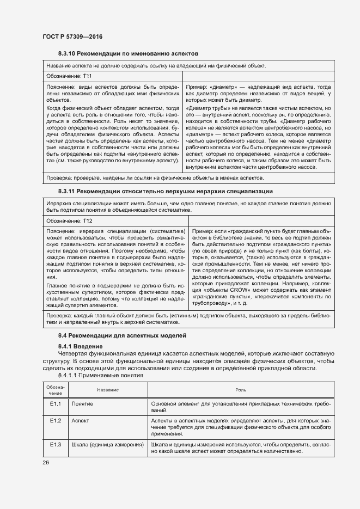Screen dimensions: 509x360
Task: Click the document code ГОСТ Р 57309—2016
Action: coord(72,36)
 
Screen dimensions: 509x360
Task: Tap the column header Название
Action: coord(108,390)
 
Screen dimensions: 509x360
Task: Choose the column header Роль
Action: coord(240,390)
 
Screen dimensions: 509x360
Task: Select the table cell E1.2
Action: coord(56,421)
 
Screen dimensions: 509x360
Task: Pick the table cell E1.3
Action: coord(56,445)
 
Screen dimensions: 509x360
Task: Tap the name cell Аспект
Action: coord(80,421)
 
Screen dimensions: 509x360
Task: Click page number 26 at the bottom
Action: coord(46,462)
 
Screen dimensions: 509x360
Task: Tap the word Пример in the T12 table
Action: coord(203,231)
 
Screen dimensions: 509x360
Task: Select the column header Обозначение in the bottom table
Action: coord(56,390)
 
